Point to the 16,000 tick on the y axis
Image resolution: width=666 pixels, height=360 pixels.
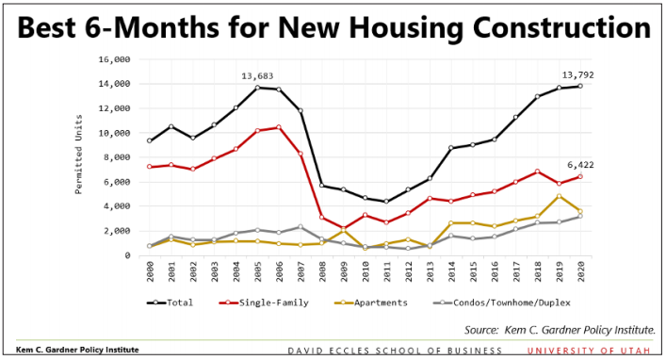pos(114,59)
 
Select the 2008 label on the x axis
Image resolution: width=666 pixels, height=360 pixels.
pos(322,272)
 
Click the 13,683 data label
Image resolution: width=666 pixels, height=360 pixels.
pos(257,75)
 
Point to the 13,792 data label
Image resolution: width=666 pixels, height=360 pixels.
pos(578,74)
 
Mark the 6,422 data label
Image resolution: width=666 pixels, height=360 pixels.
pos(579,165)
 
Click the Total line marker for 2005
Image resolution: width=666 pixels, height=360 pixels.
pos(257,88)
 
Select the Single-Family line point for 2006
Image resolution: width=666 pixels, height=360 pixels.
pos(279,127)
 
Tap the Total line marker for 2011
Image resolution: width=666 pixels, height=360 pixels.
pos(386,202)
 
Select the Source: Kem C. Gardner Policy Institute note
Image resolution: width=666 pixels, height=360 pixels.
pos(560,330)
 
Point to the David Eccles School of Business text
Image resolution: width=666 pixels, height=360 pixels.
pos(395,351)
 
